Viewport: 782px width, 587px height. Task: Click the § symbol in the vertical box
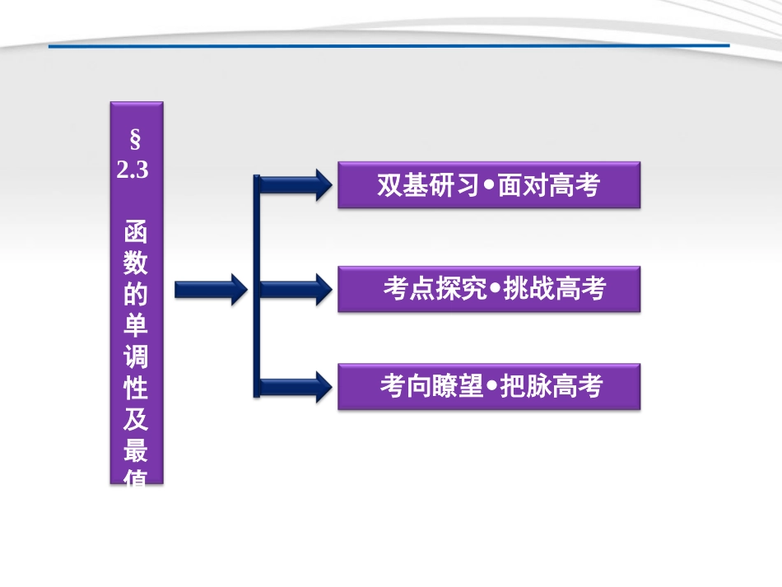point(136,137)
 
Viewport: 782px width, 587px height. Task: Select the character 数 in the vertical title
point(137,265)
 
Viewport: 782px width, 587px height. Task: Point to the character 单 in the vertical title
point(137,328)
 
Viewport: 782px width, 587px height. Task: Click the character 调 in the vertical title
point(137,359)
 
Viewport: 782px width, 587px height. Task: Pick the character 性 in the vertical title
point(137,390)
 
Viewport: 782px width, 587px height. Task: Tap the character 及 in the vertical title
point(137,422)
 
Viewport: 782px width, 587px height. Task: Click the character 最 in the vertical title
point(137,452)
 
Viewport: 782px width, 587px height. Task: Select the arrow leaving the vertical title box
point(211,289)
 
